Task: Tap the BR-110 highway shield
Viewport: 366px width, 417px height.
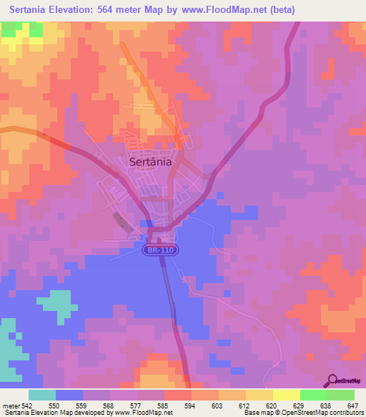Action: (160, 250)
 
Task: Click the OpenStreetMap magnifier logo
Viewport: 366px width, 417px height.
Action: (332, 380)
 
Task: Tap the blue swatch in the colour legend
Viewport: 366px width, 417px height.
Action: (69, 396)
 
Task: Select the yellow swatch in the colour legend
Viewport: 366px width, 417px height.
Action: (259, 396)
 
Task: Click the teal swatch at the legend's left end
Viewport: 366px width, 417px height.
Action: (42, 396)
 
